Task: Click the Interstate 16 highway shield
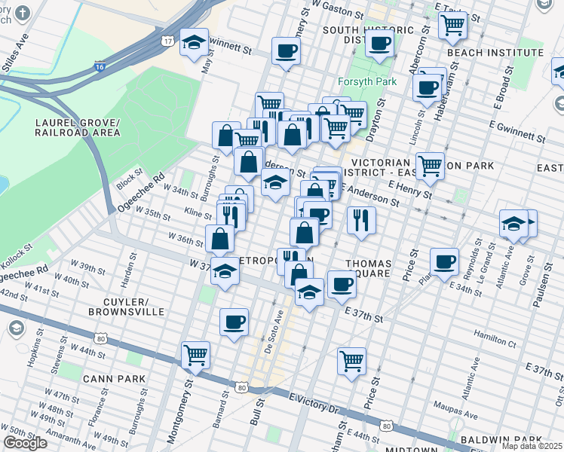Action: coord(100,67)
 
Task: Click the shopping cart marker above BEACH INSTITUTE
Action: coord(452,24)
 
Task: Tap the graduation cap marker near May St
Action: coord(195,43)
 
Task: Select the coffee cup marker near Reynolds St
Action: coord(444,261)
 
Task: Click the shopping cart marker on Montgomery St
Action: coord(195,353)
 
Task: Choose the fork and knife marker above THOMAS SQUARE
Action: coord(361,219)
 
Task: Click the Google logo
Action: coord(26,443)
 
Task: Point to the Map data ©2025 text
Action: coord(532,446)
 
